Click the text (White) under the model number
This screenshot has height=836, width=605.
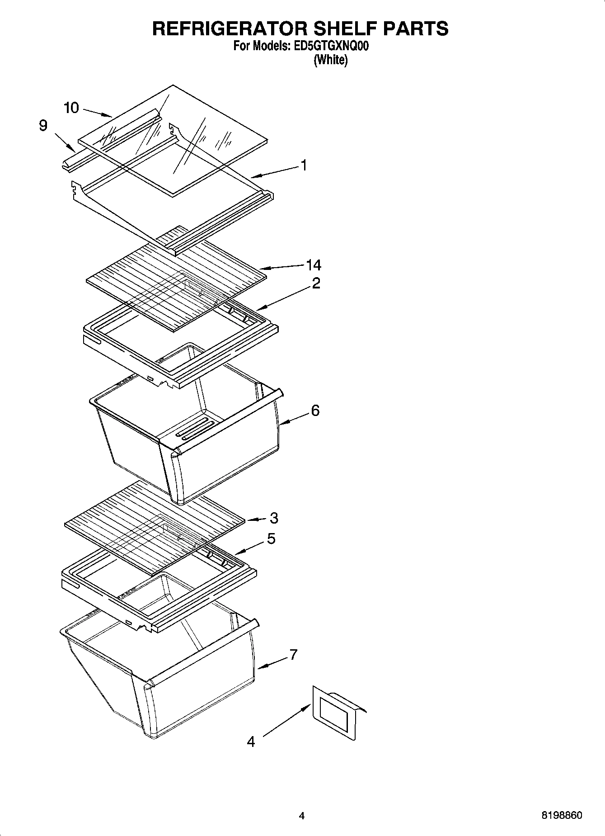331,60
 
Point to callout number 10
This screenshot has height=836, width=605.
71,108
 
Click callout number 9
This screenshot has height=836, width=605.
43,125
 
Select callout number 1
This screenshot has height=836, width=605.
304,165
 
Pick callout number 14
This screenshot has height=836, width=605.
314,265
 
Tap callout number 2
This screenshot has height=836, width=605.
316,283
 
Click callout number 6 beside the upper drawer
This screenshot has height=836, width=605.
315,411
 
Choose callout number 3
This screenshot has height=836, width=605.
274,518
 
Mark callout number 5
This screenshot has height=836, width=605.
271,539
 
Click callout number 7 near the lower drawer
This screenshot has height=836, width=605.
293,654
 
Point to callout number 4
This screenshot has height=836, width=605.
251,742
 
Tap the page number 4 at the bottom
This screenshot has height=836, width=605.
302,816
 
